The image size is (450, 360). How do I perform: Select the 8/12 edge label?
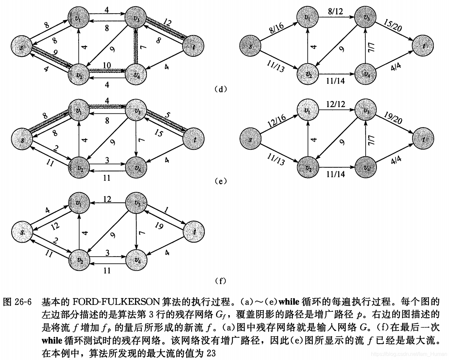click(x=335, y=12)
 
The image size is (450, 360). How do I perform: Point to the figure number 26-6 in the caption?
click(x=23, y=302)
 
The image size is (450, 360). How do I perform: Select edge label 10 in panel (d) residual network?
click(x=107, y=65)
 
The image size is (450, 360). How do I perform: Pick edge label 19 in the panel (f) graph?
click(x=159, y=226)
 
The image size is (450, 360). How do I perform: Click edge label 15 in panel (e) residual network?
click(x=158, y=134)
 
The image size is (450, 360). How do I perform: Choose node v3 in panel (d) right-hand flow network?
click(x=366, y=18)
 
